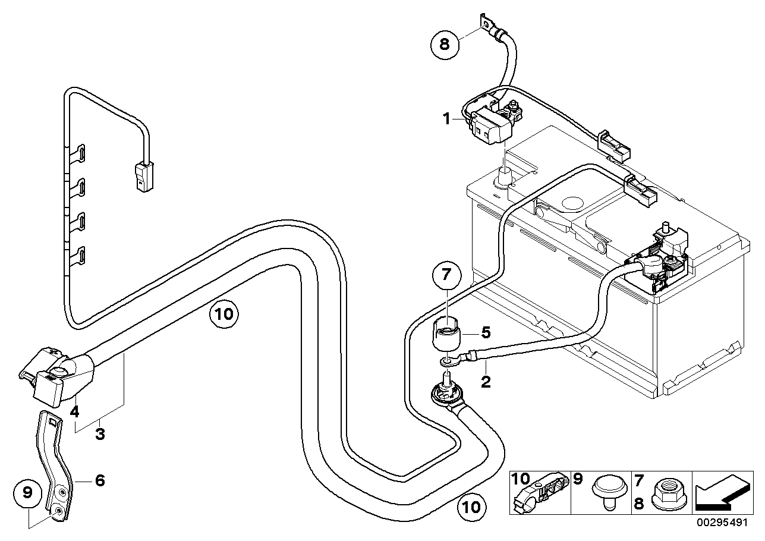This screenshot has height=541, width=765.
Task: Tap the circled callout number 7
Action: tap(446, 276)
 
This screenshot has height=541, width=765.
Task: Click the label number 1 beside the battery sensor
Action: tap(446, 118)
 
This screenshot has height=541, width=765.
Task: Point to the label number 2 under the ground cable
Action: tap(486, 381)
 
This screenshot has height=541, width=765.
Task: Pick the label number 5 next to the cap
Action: tap(485, 333)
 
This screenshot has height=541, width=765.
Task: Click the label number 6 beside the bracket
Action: tap(99, 479)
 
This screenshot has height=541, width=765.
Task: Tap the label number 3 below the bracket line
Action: tap(100, 434)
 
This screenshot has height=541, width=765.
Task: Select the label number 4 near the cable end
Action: tap(75, 410)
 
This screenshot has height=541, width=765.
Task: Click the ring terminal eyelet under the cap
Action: tap(445, 361)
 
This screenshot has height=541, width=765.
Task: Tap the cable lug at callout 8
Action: tap(490, 24)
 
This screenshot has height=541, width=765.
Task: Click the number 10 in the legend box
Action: tap(520, 479)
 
